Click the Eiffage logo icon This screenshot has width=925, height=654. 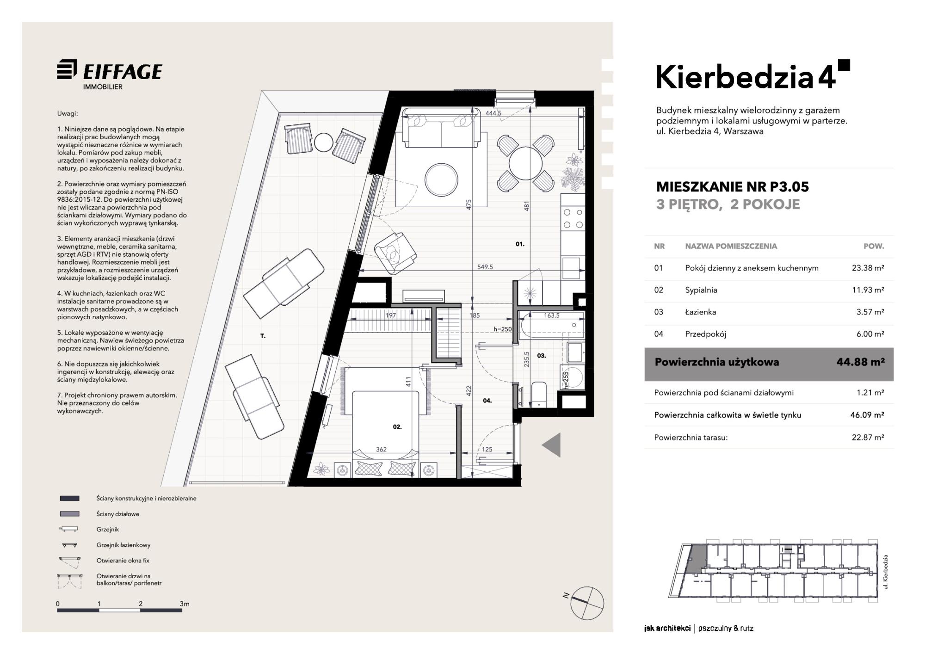pos(67,71)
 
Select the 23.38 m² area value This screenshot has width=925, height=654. pos(868,268)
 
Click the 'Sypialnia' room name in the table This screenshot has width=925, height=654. pos(701,290)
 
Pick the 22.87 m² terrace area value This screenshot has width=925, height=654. pos(868,437)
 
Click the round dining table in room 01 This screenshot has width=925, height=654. pos(525,163)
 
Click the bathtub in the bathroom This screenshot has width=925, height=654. pos(551,325)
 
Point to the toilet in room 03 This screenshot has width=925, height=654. pos(539,394)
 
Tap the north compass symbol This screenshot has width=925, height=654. pos(586,603)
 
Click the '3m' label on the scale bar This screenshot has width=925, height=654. pos(184,604)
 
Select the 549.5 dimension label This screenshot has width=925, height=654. pos(485,267)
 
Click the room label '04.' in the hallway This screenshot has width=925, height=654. pos(487,401)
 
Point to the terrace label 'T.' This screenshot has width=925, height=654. pos(263,336)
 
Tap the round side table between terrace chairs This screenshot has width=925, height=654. pos(323,142)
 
